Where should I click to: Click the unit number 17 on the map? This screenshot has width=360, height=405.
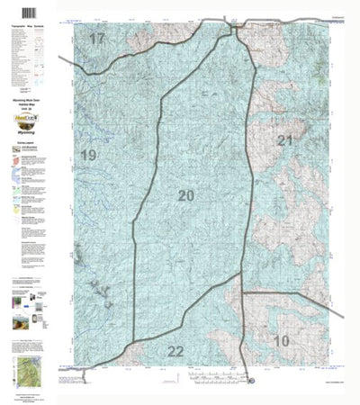coord(96,40)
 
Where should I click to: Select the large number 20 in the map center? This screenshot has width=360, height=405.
coord(186,195)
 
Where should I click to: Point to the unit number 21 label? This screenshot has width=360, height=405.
coord(285,140)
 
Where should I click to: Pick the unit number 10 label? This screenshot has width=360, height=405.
coord(283,340)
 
